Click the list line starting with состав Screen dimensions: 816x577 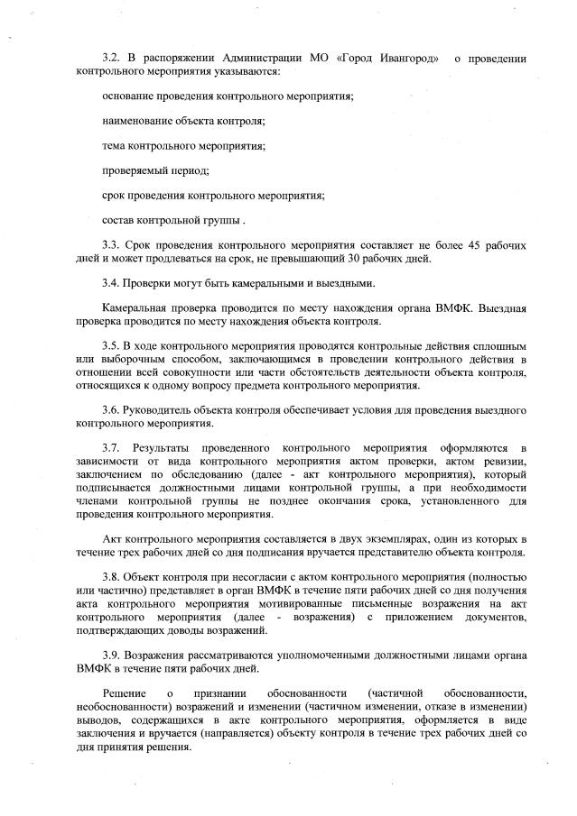tap(172, 220)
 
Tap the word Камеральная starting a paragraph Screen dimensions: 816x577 tap(135, 308)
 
